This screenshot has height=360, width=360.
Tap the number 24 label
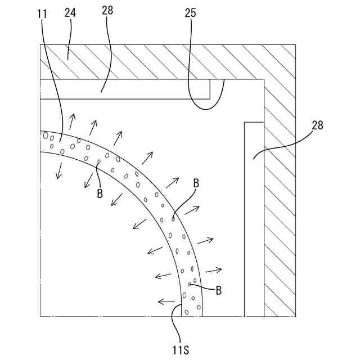tap(70, 12)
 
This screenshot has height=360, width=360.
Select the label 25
tap(191, 12)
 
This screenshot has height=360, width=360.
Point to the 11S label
tap(181, 350)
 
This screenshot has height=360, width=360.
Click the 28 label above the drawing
tap(109, 10)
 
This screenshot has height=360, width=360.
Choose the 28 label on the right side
tap(317, 125)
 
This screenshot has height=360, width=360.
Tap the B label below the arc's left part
tap(100, 193)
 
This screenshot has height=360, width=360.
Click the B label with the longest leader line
tap(196, 183)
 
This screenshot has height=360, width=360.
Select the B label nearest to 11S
tap(218, 290)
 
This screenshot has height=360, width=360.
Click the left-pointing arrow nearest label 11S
tap(166, 302)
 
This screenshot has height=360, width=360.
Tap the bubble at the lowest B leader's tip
tap(190, 285)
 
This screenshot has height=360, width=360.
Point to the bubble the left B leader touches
tap(98, 162)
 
